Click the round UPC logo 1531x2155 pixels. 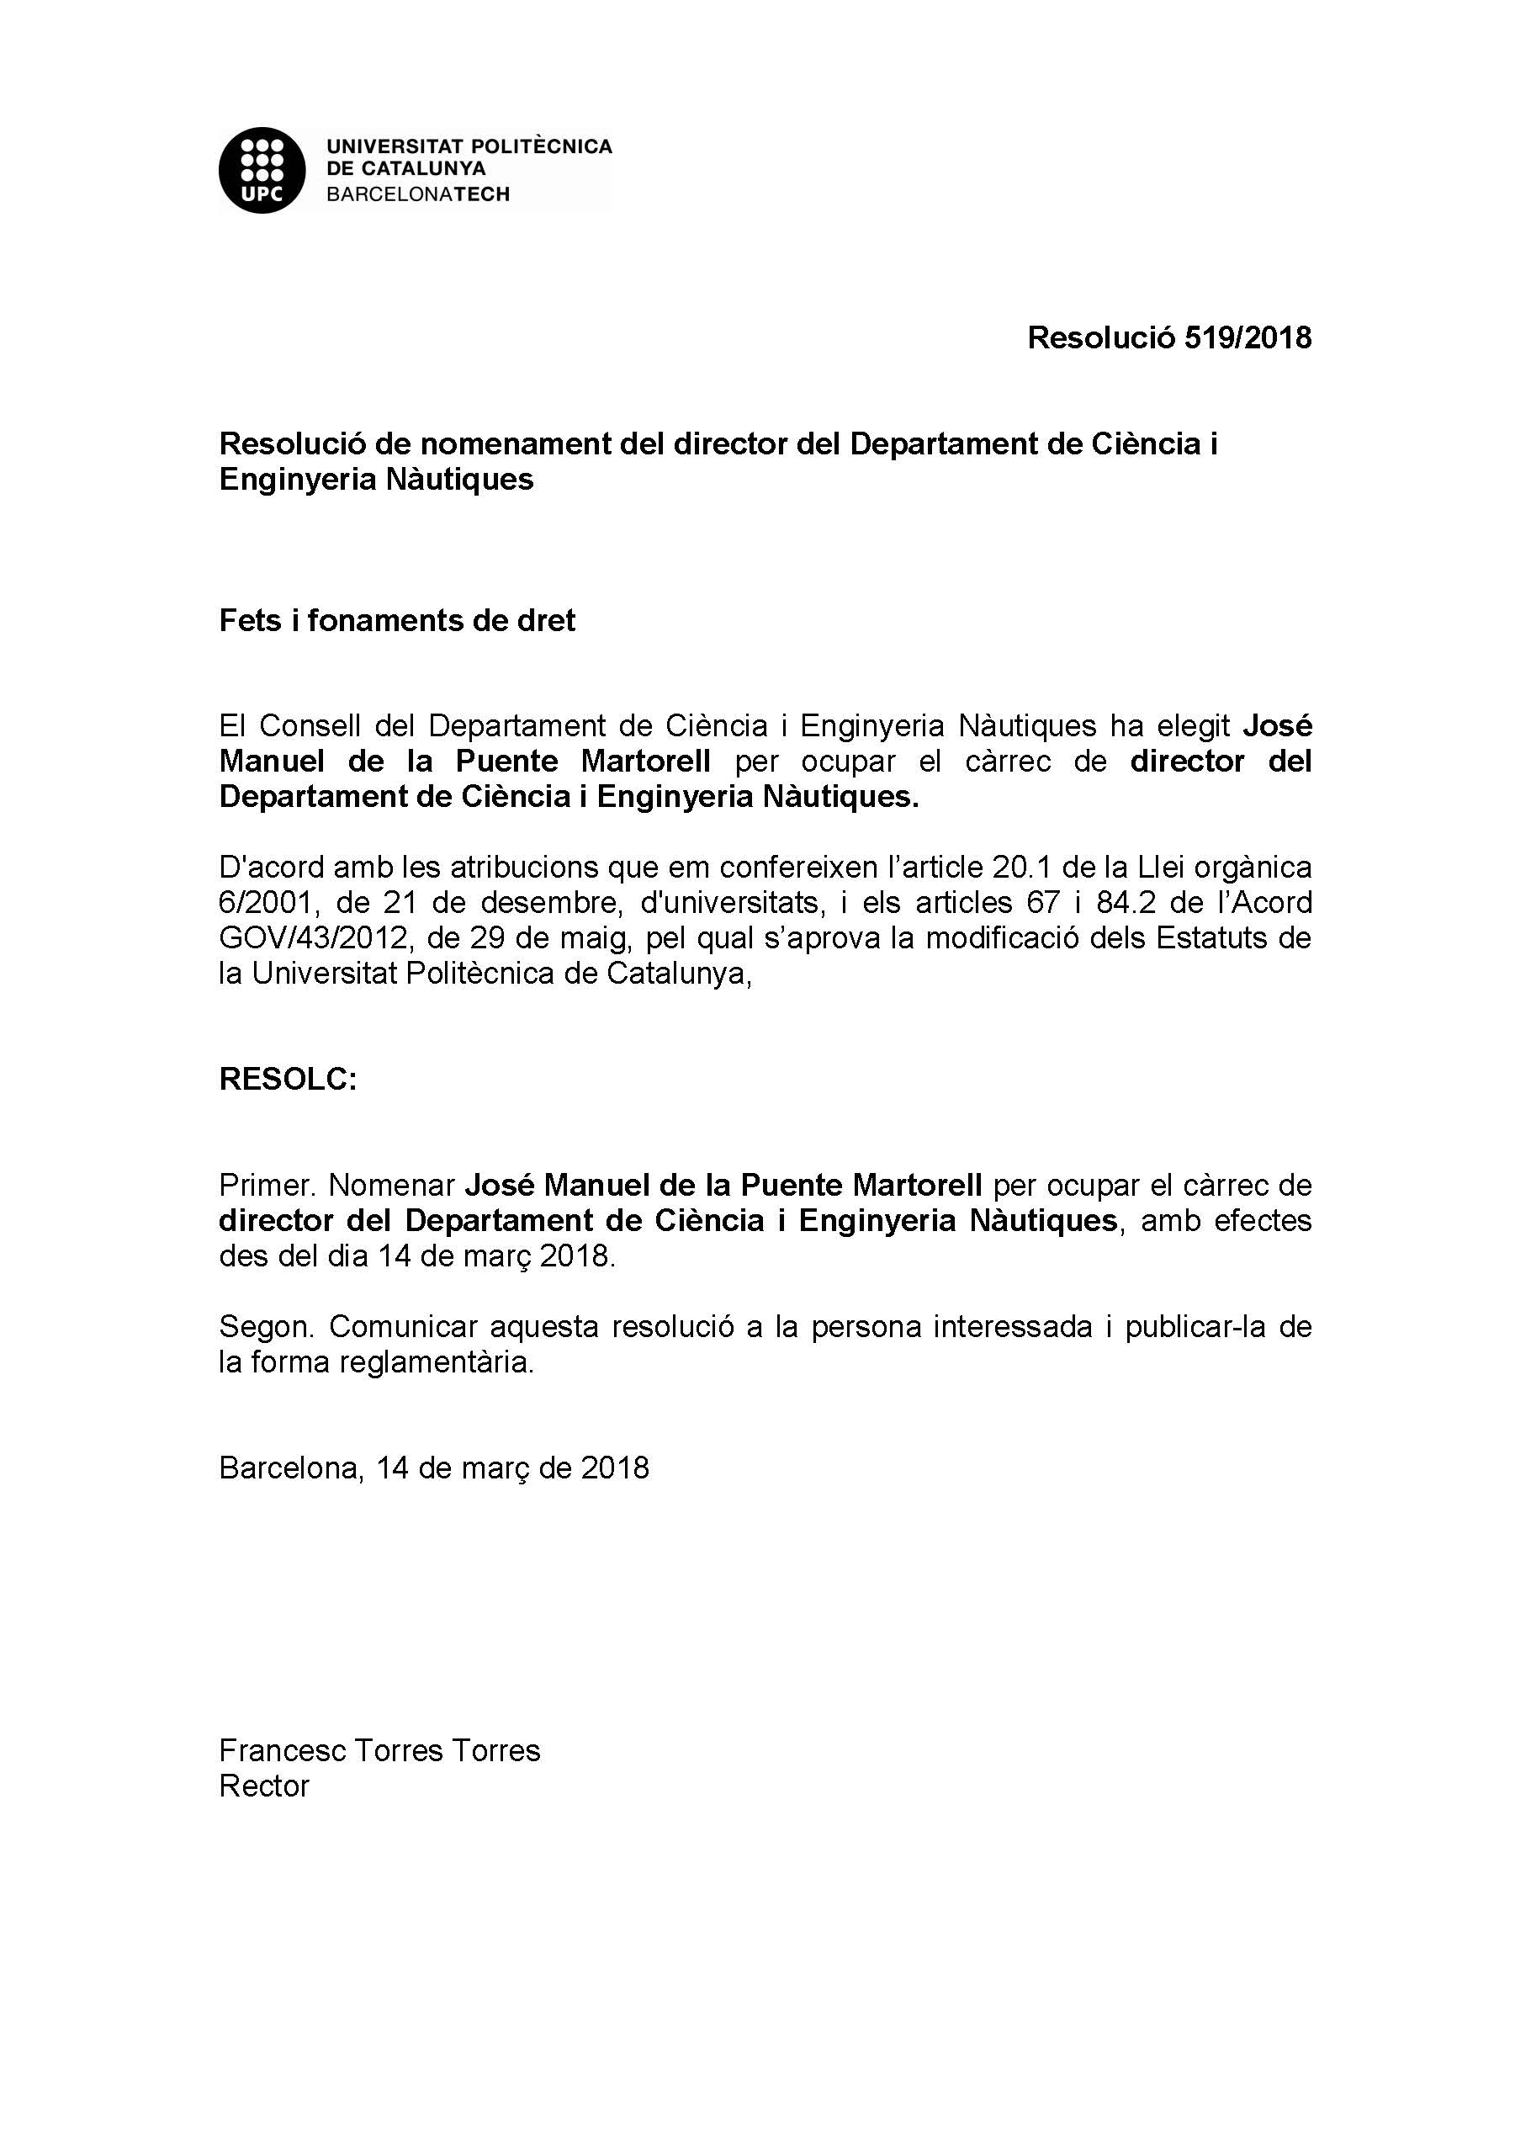pos(262,170)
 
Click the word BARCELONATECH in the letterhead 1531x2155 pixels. pos(417,194)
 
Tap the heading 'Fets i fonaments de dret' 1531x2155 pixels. pos(397,620)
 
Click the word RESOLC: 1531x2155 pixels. pos(288,1080)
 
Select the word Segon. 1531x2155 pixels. pos(266,1327)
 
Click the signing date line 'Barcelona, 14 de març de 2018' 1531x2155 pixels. pos(434,1468)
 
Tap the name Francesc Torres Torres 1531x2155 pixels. pos(379,1751)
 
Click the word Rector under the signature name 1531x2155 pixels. pos(264,1786)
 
